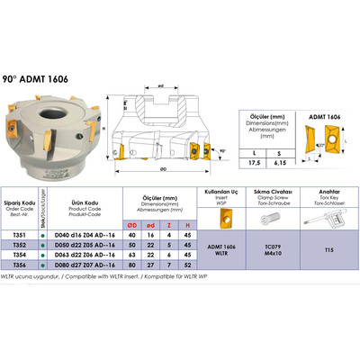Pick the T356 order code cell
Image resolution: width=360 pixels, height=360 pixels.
[x=20, y=265]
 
